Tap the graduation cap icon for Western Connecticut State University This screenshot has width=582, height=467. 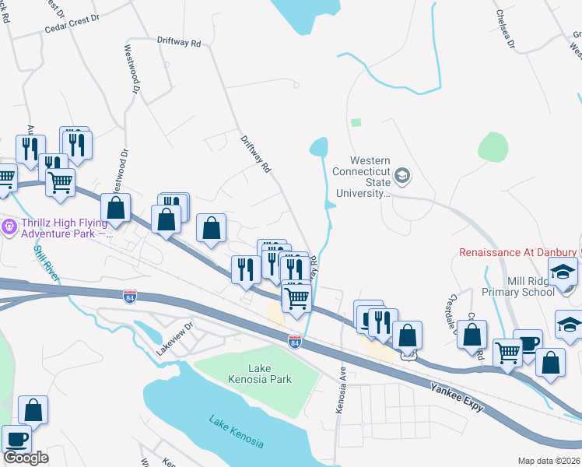pyautogui.click(x=402, y=174)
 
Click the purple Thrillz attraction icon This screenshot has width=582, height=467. pyautogui.click(x=9, y=227)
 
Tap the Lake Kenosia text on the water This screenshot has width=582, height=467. pyautogui.click(x=236, y=431)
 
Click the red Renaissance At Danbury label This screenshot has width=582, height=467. pyautogui.click(x=517, y=252)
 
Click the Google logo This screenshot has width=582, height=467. pyautogui.click(x=26, y=458)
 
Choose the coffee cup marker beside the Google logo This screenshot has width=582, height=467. pyautogui.click(x=16, y=438)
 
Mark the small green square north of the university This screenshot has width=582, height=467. pyautogui.click(x=356, y=122)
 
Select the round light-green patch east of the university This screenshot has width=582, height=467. pyautogui.click(x=493, y=146)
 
